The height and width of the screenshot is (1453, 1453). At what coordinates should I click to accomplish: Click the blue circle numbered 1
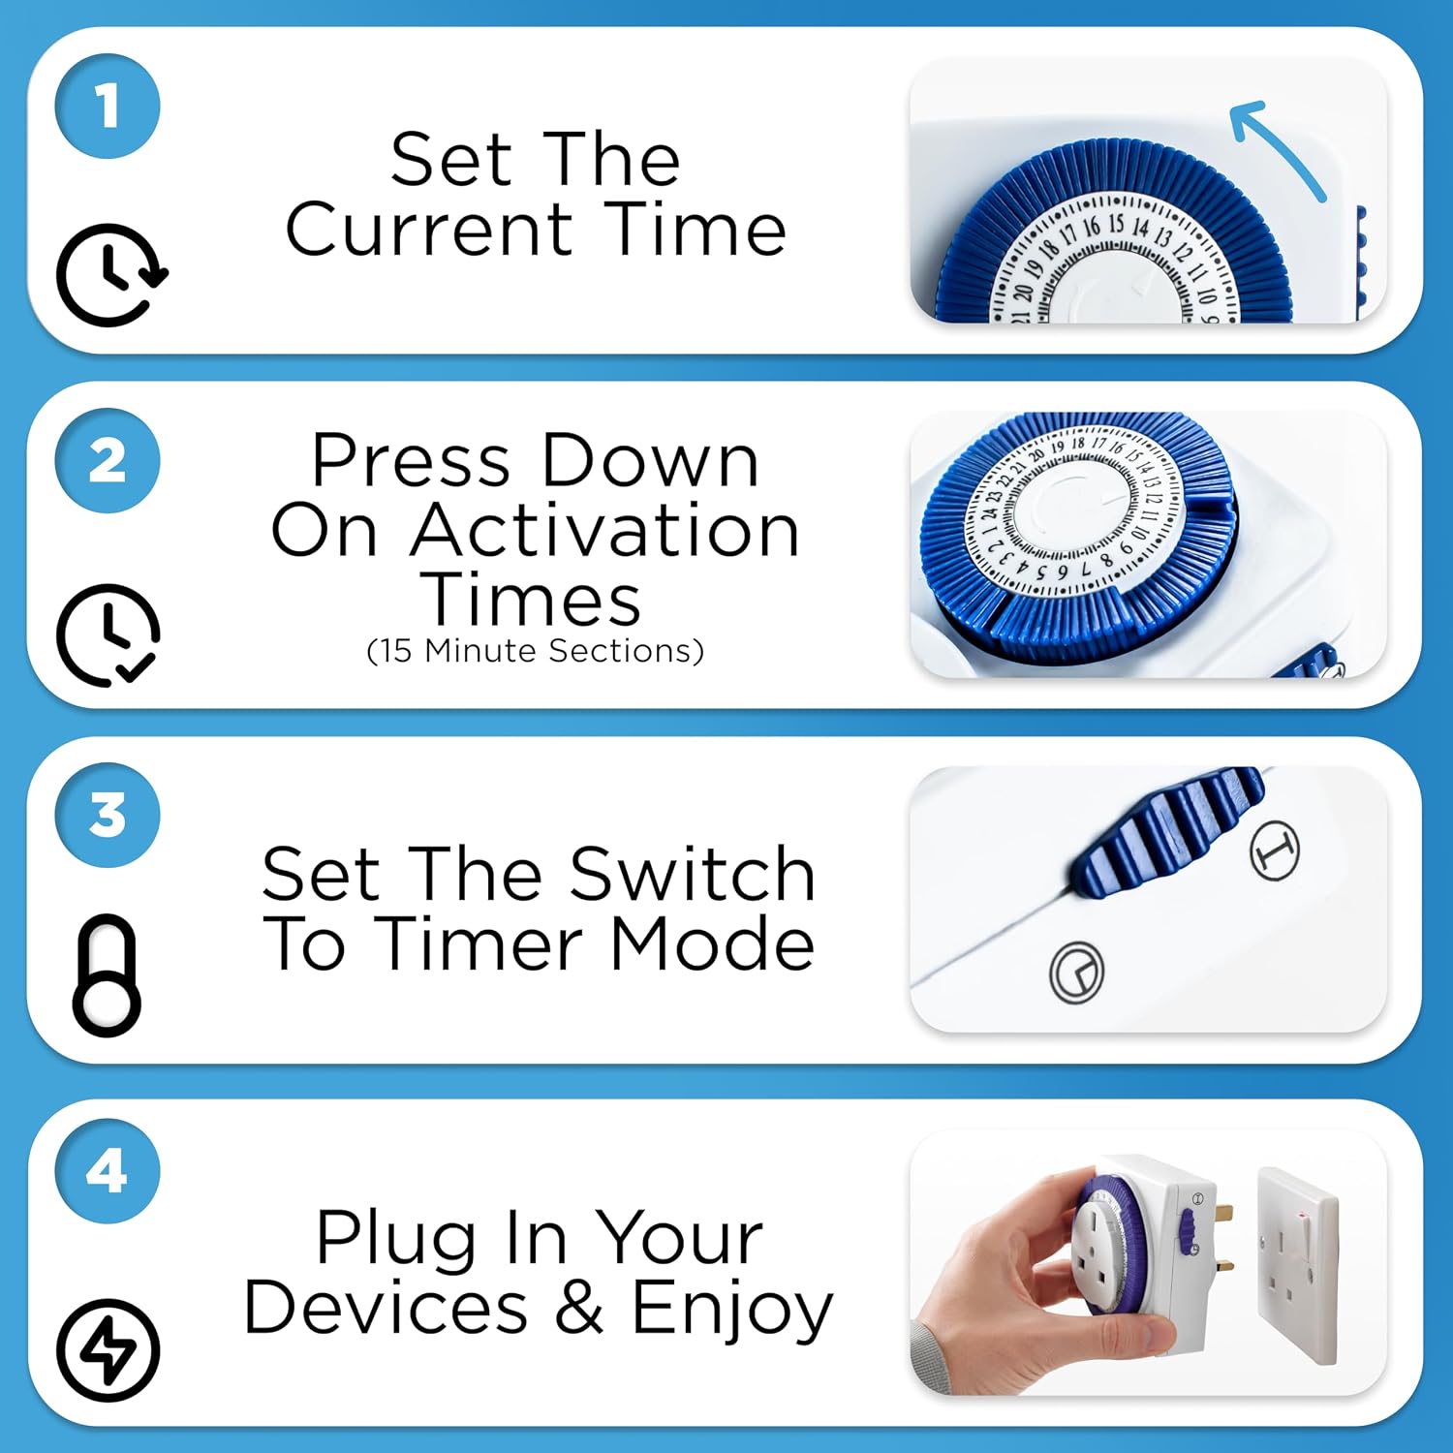point(108,106)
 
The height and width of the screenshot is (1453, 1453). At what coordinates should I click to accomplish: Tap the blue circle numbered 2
point(108,461)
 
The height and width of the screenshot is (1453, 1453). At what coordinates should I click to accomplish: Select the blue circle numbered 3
point(108,816)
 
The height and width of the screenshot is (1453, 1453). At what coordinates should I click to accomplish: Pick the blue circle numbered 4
point(108,1171)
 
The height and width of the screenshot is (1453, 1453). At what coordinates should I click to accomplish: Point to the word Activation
point(605,531)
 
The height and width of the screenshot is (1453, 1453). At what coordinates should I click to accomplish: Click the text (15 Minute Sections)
point(536,651)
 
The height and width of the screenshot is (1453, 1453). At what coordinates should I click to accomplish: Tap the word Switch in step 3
point(693,874)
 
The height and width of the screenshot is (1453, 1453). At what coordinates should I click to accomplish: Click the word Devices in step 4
point(386,1308)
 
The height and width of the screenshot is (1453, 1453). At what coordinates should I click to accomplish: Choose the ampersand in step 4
point(579,1308)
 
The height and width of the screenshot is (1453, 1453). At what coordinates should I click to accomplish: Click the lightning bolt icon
point(108,1349)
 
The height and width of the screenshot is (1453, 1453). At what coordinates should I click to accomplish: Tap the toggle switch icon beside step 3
point(107,974)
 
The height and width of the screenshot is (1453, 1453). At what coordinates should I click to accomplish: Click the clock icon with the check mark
point(108,634)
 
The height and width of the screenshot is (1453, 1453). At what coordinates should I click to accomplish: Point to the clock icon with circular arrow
point(109,274)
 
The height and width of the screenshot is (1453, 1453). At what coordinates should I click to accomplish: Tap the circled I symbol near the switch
point(1274,850)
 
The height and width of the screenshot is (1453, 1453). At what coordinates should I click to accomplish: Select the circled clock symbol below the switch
point(1076,972)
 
